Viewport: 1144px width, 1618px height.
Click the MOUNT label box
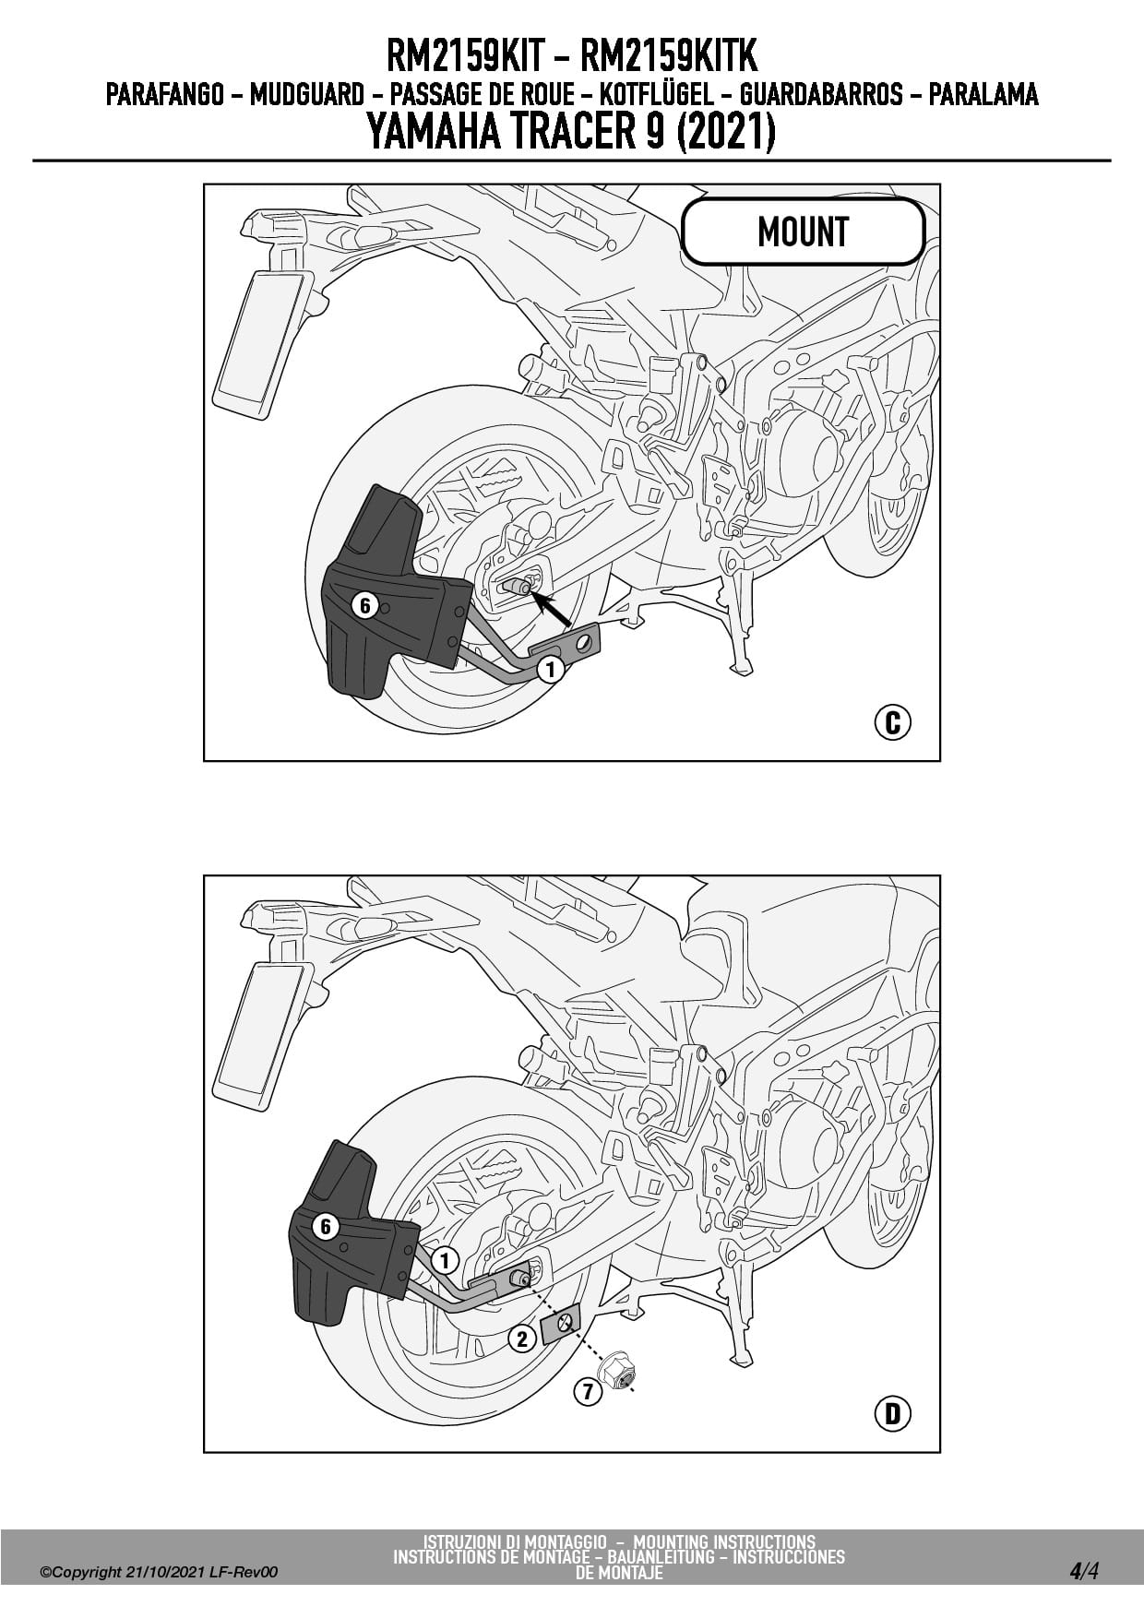coord(803,232)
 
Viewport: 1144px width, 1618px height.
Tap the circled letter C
coord(892,722)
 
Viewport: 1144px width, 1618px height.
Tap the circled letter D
coord(892,1413)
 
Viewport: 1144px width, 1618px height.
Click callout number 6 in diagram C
coord(365,606)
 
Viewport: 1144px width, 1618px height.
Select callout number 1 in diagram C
coord(551,669)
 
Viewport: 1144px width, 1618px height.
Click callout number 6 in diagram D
coord(325,1228)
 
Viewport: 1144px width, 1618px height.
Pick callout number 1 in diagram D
coord(445,1261)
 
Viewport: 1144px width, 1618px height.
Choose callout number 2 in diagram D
coord(522,1338)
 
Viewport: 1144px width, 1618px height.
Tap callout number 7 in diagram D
coord(588,1390)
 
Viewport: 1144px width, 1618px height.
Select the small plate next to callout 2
coord(560,1326)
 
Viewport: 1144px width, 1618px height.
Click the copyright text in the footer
coord(159,1572)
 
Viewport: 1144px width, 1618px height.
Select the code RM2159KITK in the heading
coord(669,57)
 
